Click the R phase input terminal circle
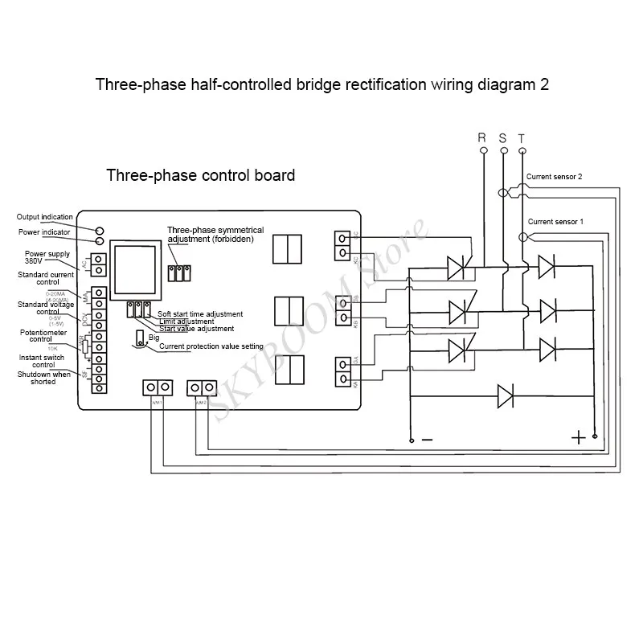tap(483, 149)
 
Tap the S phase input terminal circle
tap(504, 149)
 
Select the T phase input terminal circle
tap(523, 149)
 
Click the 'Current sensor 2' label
tap(554, 176)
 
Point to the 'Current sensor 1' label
tap(555, 220)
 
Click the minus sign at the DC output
tap(427, 439)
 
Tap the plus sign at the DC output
tap(578, 437)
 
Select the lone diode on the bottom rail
tap(506, 395)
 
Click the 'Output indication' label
tap(46, 217)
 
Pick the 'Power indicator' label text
tap(44, 232)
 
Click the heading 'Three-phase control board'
tap(200, 175)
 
